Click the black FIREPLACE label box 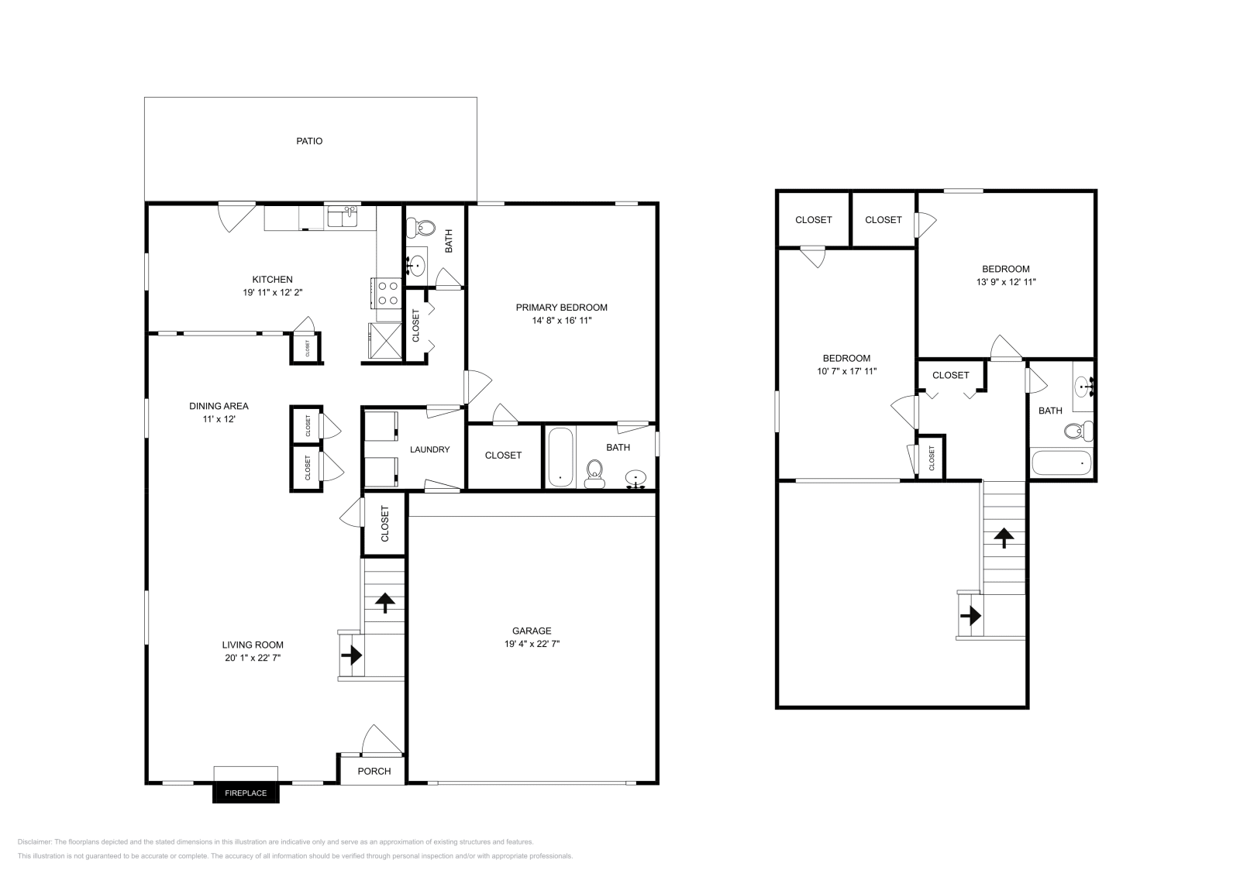pyautogui.click(x=246, y=793)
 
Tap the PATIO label pyautogui.click(x=309, y=141)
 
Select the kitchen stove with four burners pyautogui.click(x=387, y=293)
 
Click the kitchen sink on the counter pyautogui.click(x=342, y=218)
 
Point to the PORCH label pyautogui.click(x=374, y=771)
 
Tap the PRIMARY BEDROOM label pyautogui.click(x=561, y=308)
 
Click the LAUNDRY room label pyautogui.click(x=429, y=449)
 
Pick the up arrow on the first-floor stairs pyautogui.click(x=384, y=602)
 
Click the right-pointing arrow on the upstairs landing pyautogui.click(x=970, y=617)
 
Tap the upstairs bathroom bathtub pyautogui.click(x=1061, y=463)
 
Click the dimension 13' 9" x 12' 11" pyautogui.click(x=1006, y=282)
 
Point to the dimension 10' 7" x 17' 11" pyautogui.click(x=846, y=371)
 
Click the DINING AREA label pyautogui.click(x=219, y=406)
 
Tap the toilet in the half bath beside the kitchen pyautogui.click(x=425, y=227)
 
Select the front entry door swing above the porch pyautogui.click(x=380, y=740)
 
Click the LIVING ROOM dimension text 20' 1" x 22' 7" pyautogui.click(x=252, y=658)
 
